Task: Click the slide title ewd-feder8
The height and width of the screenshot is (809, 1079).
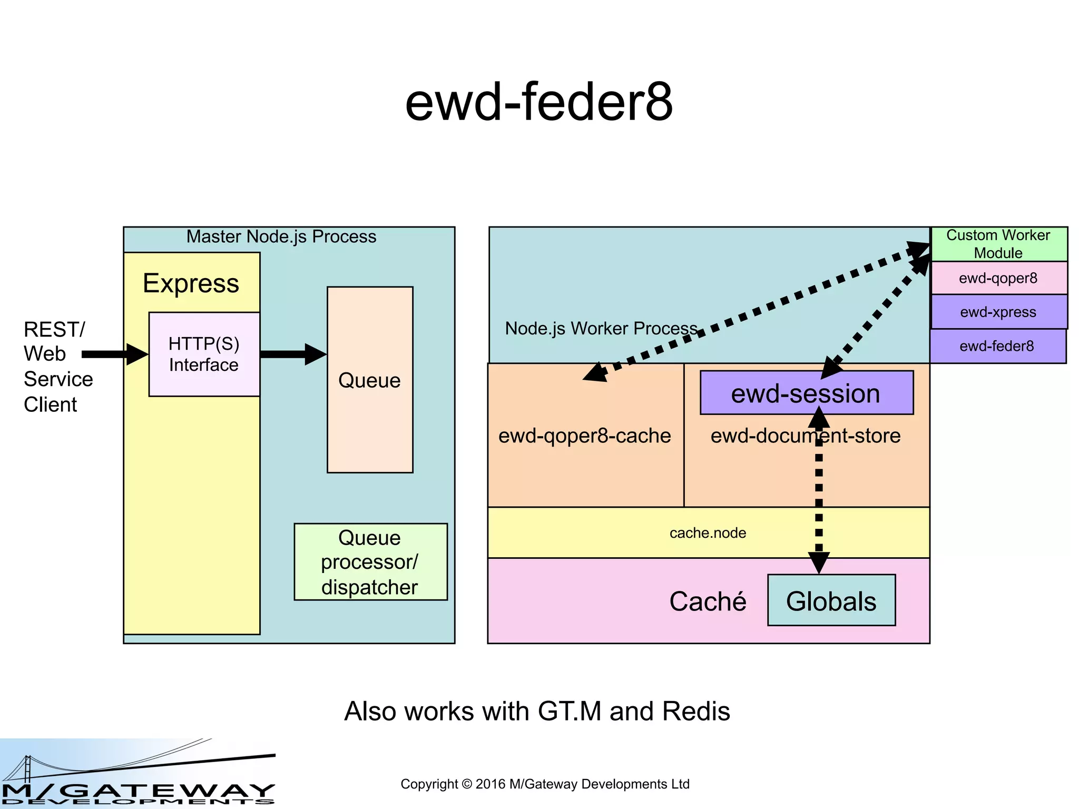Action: coord(538,102)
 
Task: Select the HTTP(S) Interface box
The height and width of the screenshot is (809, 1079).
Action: coord(204,354)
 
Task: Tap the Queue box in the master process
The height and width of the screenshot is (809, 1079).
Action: coord(369,380)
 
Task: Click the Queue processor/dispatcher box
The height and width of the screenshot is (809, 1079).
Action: coord(370,562)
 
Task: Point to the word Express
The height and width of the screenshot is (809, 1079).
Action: coord(191,283)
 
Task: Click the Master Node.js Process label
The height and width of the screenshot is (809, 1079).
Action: coord(281,236)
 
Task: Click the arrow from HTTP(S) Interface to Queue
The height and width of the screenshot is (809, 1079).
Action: coord(293,354)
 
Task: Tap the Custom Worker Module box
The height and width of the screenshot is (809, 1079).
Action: coord(998,244)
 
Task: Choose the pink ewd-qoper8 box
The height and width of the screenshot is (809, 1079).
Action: coord(998,278)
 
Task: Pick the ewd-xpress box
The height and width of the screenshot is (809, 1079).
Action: coord(998,312)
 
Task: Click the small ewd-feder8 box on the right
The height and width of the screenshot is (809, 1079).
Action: coord(997,346)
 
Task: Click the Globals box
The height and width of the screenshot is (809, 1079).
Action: coord(831,601)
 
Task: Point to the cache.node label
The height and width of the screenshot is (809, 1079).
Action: coord(708,533)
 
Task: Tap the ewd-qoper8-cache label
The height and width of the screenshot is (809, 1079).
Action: coord(584,436)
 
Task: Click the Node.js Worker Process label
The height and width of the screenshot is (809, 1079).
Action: coord(601,328)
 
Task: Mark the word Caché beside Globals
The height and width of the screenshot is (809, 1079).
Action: coord(708,601)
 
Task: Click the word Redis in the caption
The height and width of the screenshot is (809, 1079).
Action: coord(696,711)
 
